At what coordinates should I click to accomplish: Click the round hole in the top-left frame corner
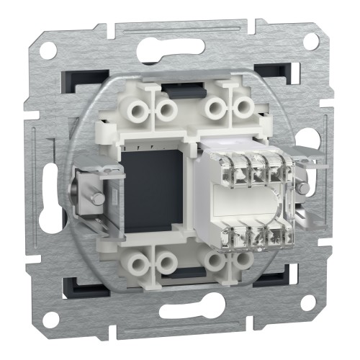point(48,51)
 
